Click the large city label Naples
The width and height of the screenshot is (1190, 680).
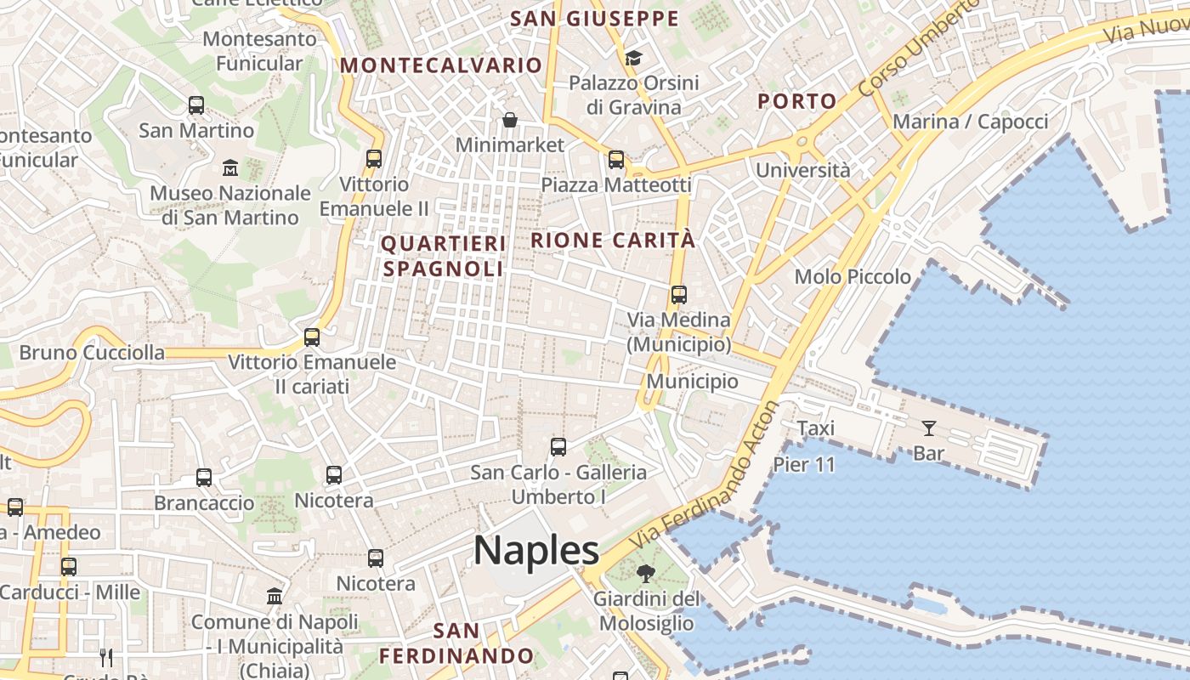536,551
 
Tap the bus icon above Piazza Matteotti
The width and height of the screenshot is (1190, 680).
616,160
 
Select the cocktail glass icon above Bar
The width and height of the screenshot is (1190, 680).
928,428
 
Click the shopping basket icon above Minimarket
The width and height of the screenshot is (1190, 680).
510,120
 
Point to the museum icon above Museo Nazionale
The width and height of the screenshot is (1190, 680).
230,167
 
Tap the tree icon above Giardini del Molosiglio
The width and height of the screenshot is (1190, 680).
646,574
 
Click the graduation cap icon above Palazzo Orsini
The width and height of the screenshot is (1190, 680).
633,58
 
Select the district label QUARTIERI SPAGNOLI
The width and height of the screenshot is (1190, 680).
443,256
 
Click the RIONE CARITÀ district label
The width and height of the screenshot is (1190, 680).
613,241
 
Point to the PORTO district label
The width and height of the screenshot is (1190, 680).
797,101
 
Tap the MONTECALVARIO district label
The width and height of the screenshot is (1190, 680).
441,65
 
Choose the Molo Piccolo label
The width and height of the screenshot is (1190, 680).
853,277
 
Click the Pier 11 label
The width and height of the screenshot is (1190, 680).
804,465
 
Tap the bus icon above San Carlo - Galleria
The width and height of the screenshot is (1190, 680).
558,447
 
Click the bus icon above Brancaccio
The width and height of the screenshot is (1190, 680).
204,478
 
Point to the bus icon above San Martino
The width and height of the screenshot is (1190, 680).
196,105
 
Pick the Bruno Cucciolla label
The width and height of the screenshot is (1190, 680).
92,352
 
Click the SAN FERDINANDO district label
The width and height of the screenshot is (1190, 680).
456,643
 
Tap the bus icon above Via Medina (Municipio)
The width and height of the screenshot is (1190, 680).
678,295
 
